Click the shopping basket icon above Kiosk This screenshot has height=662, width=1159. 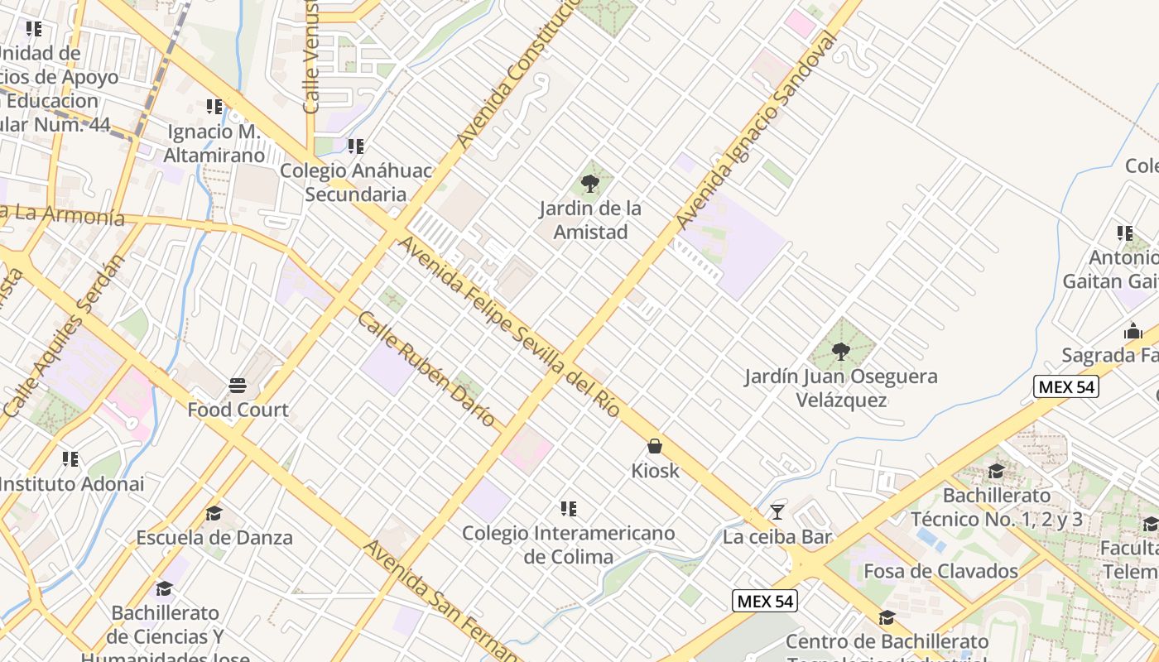point(655,447)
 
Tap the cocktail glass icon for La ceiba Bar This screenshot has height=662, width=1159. point(777,512)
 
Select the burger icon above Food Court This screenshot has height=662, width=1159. point(238,385)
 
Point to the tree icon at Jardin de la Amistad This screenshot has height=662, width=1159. point(590,184)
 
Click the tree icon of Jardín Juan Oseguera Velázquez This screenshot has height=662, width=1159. point(841,352)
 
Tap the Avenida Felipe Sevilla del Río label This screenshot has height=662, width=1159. point(509,327)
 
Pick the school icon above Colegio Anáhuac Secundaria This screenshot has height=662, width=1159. point(356,146)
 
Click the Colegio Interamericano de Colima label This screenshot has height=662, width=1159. point(569,544)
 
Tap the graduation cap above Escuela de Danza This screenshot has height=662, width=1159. point(214,514)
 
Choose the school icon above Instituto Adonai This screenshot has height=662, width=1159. point(70,458)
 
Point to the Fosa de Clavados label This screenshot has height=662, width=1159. point(940,571)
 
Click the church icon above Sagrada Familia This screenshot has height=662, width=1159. point(1133,331)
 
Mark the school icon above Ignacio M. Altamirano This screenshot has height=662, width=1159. point(214,107)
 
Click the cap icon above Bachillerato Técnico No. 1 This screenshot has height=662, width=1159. point(996,472)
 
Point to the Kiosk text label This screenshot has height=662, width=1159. point(655,471)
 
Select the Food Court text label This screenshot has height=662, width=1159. point(238,410)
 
